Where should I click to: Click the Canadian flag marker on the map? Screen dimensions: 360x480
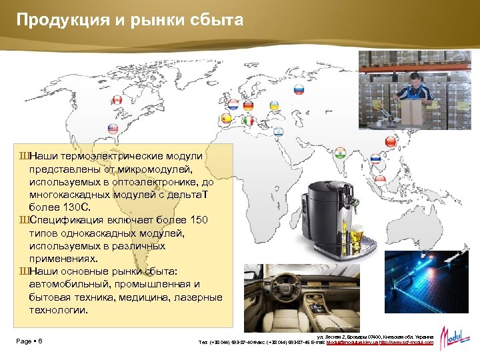[116, 100]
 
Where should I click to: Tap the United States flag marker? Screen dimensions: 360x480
[113, 129]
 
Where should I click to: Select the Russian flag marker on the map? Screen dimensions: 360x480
[299, 89]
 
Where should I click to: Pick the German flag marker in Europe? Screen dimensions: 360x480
[249, 105]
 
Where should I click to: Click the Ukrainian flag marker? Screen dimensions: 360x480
[273, 105]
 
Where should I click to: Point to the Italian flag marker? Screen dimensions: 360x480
[249, 121]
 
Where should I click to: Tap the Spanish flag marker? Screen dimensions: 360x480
[225, 118]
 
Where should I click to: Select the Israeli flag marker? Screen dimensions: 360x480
[279, 131]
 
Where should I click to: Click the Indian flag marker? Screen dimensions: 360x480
[341, 152]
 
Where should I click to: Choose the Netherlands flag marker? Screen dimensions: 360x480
[233, 105]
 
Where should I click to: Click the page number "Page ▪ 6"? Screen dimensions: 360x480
[30, 341]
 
